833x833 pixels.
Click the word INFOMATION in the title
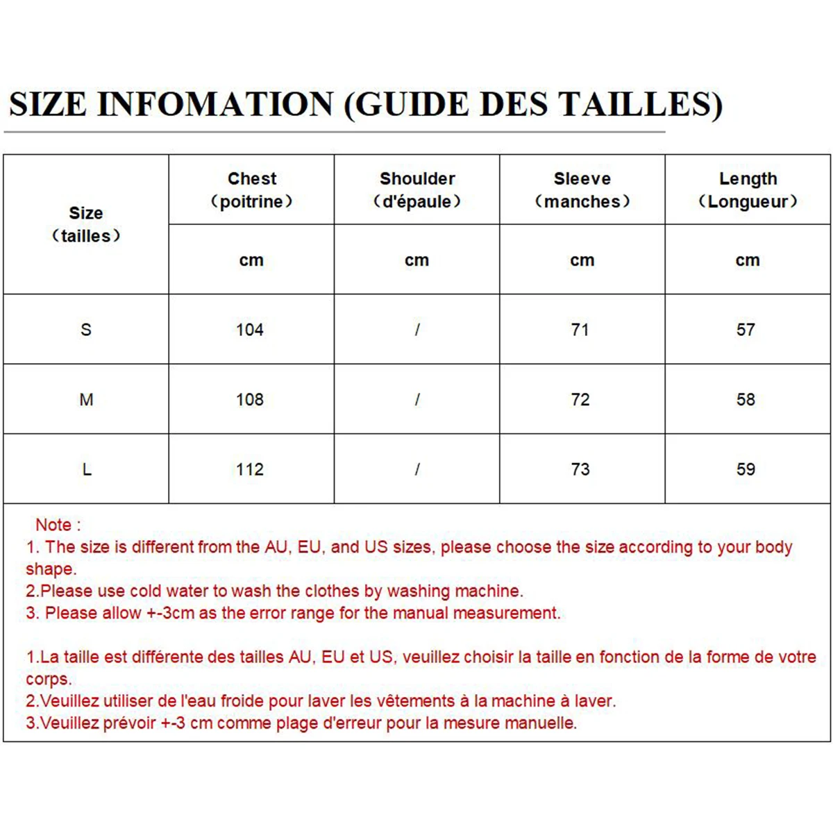(215, 104)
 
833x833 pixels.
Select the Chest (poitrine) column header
(251, 190)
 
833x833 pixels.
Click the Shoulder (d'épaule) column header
(416, 190)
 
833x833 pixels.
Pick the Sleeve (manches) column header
(582, 190)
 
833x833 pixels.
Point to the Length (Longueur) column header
(748, 190)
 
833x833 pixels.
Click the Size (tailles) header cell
(86, 224)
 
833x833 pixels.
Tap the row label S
(86, 330)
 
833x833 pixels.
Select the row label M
(86, 400)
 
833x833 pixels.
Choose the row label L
(86, 470)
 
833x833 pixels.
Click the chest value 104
(250, 330)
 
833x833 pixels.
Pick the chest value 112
(250, 470)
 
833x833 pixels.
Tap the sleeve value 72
(580, 400)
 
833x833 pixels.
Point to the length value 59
(746, 470)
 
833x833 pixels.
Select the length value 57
(746, 330)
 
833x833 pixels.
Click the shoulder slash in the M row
(416, 400)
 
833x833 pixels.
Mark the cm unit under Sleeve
(582, 260)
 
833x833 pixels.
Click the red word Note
(54, 525)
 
